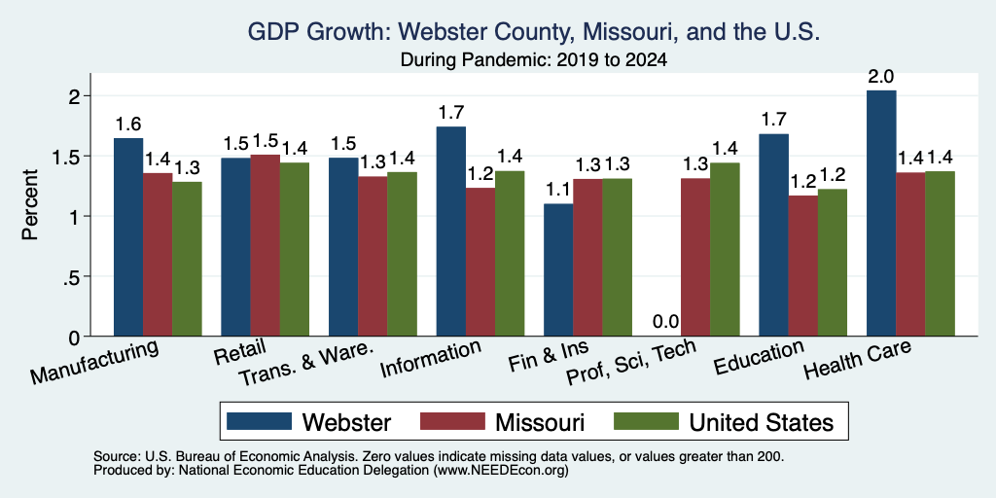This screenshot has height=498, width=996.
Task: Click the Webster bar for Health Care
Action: pos(881,213)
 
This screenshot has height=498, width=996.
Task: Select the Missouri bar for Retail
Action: pos(265,246)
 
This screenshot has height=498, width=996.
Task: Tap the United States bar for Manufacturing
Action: pos(187,259)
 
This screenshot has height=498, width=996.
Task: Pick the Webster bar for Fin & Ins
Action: pos(558,270)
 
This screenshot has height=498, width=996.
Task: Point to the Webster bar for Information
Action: pos(451,231)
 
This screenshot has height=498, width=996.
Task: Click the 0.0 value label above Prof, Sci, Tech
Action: pos(665,321)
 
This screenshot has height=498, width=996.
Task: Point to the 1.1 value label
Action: pos(558,190)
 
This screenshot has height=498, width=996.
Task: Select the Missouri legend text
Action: pos(540,422)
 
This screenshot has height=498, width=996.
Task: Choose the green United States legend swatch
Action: pos(646,421)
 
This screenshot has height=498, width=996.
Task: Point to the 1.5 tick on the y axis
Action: pos(88,157)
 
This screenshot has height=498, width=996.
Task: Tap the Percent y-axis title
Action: pos(30,204)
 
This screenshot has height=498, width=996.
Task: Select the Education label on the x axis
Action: pos(759,358)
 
